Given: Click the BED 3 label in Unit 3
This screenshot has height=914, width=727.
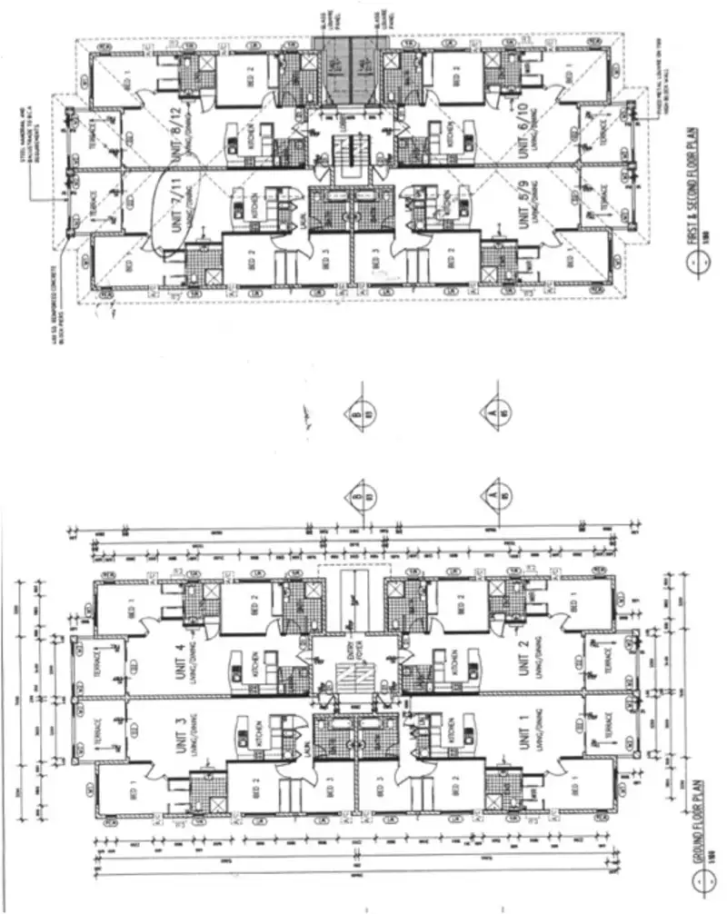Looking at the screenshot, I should (x=324, y=789).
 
